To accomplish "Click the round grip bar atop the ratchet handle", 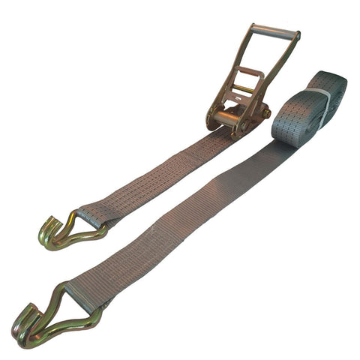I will pos(274,31).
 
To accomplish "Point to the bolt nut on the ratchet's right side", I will pos(265,113).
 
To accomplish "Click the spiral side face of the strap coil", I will pos(335,94).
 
